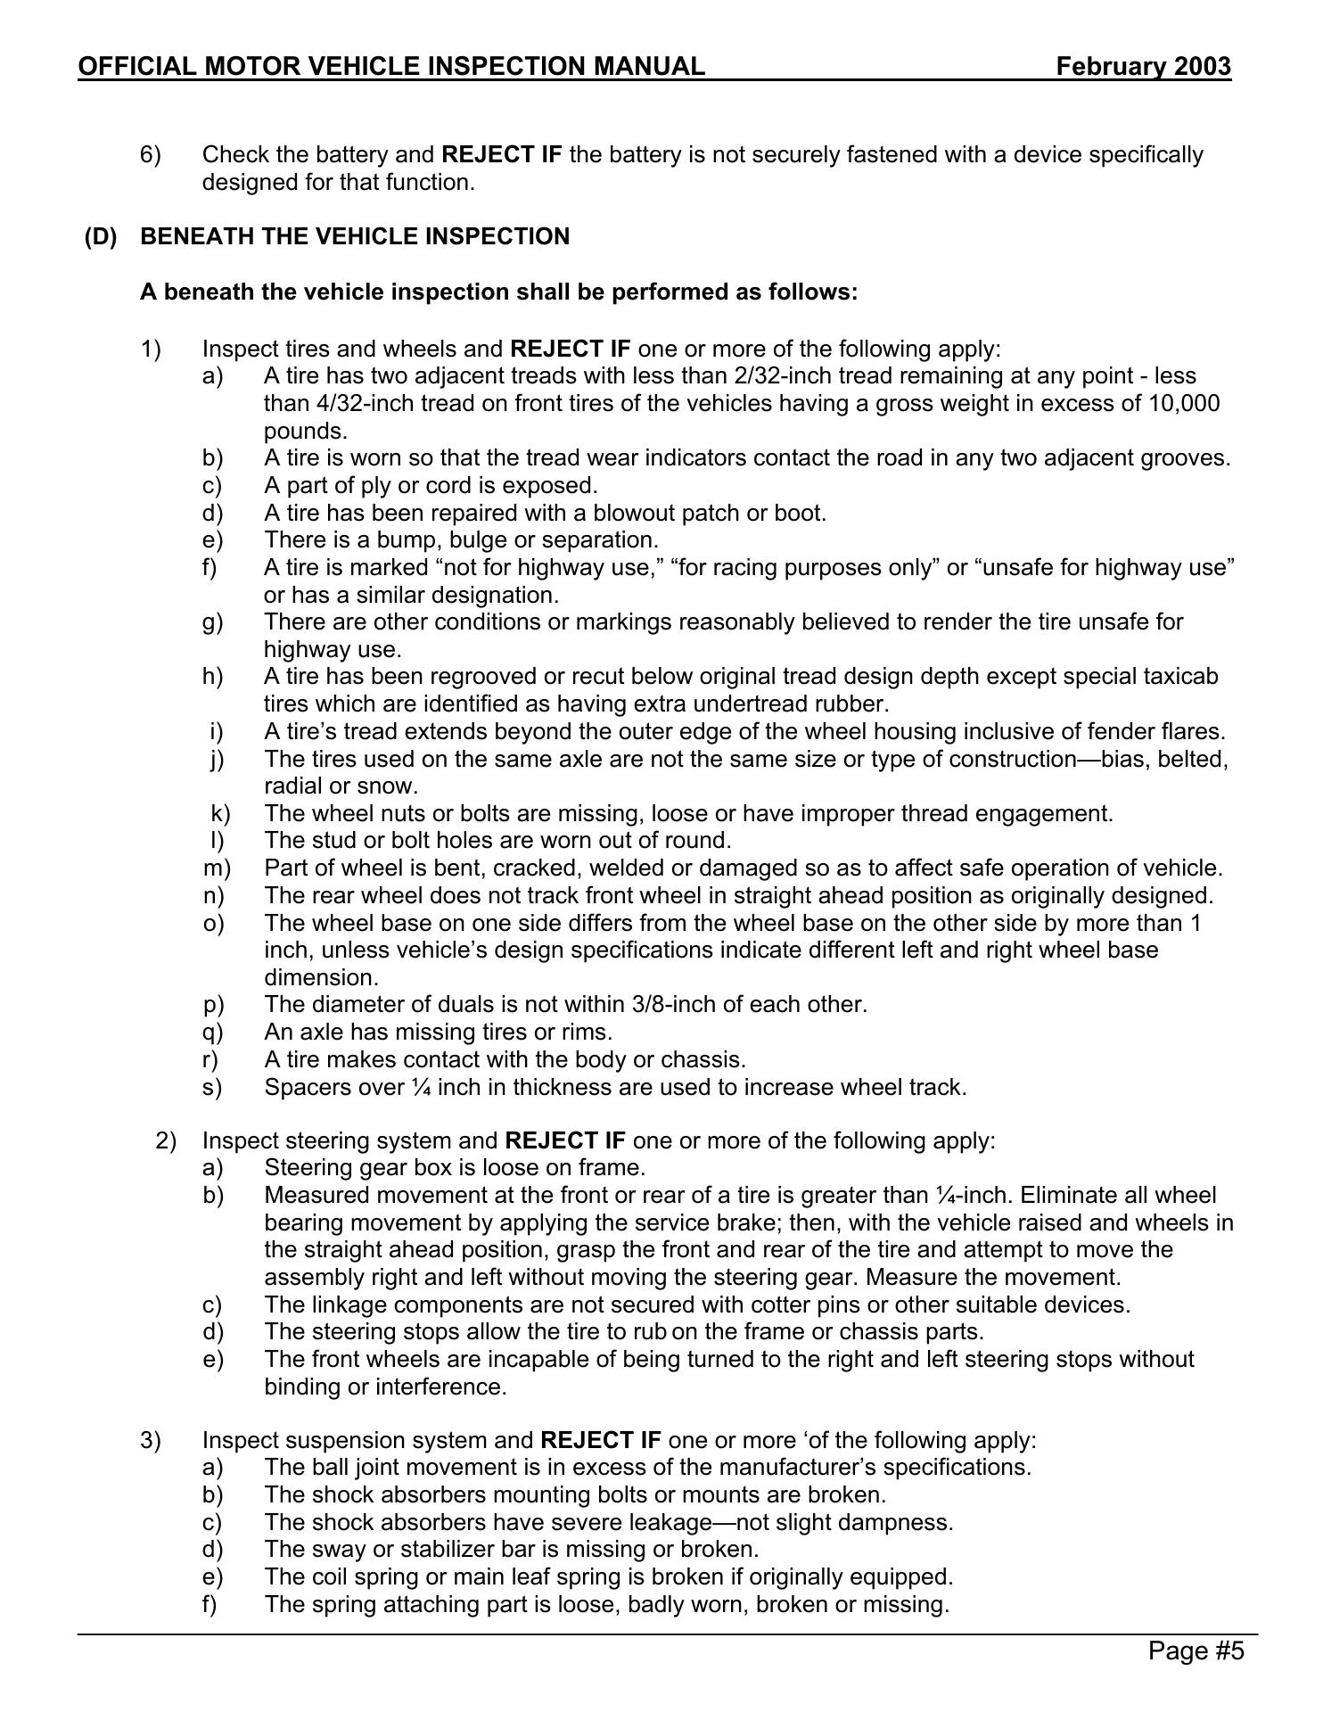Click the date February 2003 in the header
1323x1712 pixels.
[x=1143, y=67]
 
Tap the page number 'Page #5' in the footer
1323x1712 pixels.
[x=1196, y=1651]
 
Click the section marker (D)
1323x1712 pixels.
[x=101, y=236]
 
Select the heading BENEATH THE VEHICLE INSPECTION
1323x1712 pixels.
[x=355, y=236]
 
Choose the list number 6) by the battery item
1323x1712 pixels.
[x=150, y=154]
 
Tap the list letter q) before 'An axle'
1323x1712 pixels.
[x=213, y=1032]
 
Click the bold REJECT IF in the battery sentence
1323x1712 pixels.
[x=502, y=154]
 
